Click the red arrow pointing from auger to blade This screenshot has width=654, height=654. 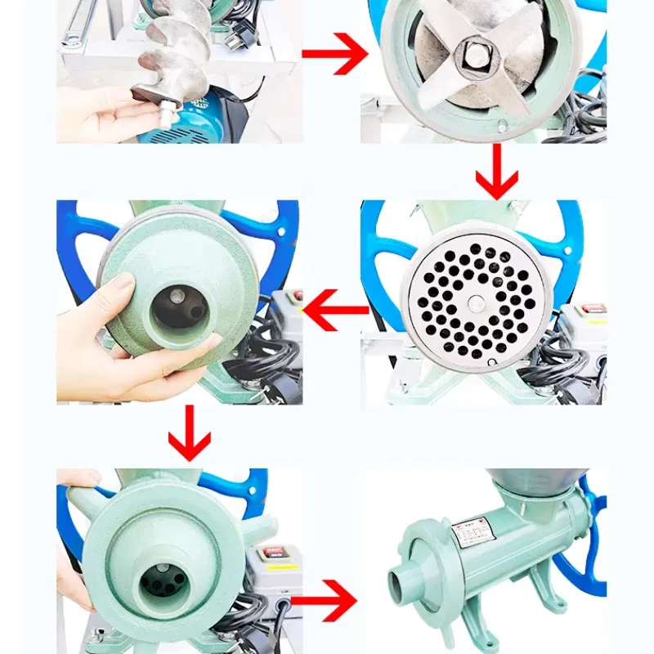335,55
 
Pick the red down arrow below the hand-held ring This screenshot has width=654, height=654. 189,432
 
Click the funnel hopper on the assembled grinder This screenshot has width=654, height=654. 535,487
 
